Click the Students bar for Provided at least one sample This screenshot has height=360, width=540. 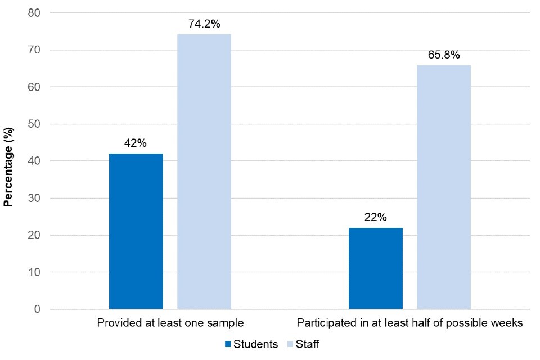click(136, 231)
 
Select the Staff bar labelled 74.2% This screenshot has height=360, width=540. click(204, 172)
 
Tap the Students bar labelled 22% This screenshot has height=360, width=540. click(376, 268)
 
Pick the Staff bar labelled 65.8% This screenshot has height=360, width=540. click(444, 187)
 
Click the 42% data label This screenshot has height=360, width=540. click(136, 143)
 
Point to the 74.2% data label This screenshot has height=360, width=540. click(204, 25)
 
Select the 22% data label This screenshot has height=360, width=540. click(376, 218)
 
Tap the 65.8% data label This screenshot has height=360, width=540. click(444, 55)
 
